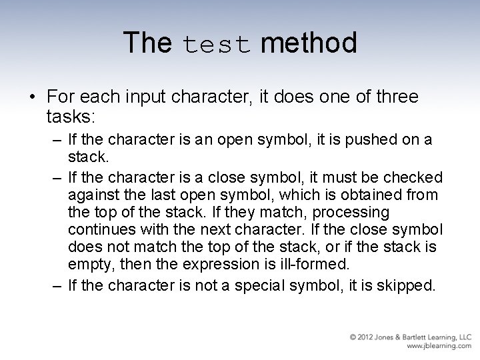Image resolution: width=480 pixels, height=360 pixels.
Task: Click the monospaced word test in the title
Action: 216,44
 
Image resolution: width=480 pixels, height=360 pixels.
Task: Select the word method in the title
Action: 309,43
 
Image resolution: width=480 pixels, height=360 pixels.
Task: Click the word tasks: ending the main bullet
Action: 71,117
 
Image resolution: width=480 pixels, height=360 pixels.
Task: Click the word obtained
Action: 364,195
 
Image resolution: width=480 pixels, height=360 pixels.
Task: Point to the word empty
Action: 89,264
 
